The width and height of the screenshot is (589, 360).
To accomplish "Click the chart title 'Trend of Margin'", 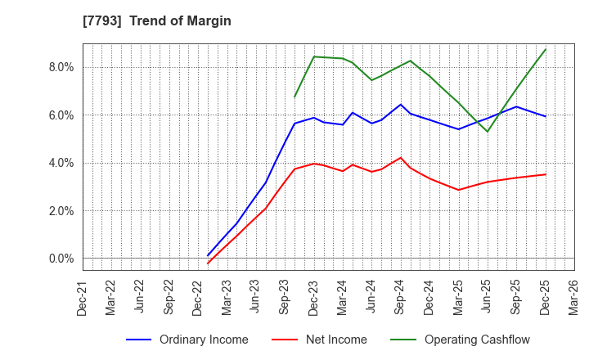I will [185, 21].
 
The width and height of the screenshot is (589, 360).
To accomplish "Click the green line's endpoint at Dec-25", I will [546, 49].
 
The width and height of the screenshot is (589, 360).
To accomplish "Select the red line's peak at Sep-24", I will [400, 158].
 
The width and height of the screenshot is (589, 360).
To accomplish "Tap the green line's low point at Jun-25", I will [488, 132].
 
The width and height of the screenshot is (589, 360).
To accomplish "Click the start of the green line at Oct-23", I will [294, 97].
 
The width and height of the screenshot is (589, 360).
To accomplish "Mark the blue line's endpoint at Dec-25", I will [546, 116].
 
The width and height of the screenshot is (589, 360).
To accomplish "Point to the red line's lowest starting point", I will [208, 263].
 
